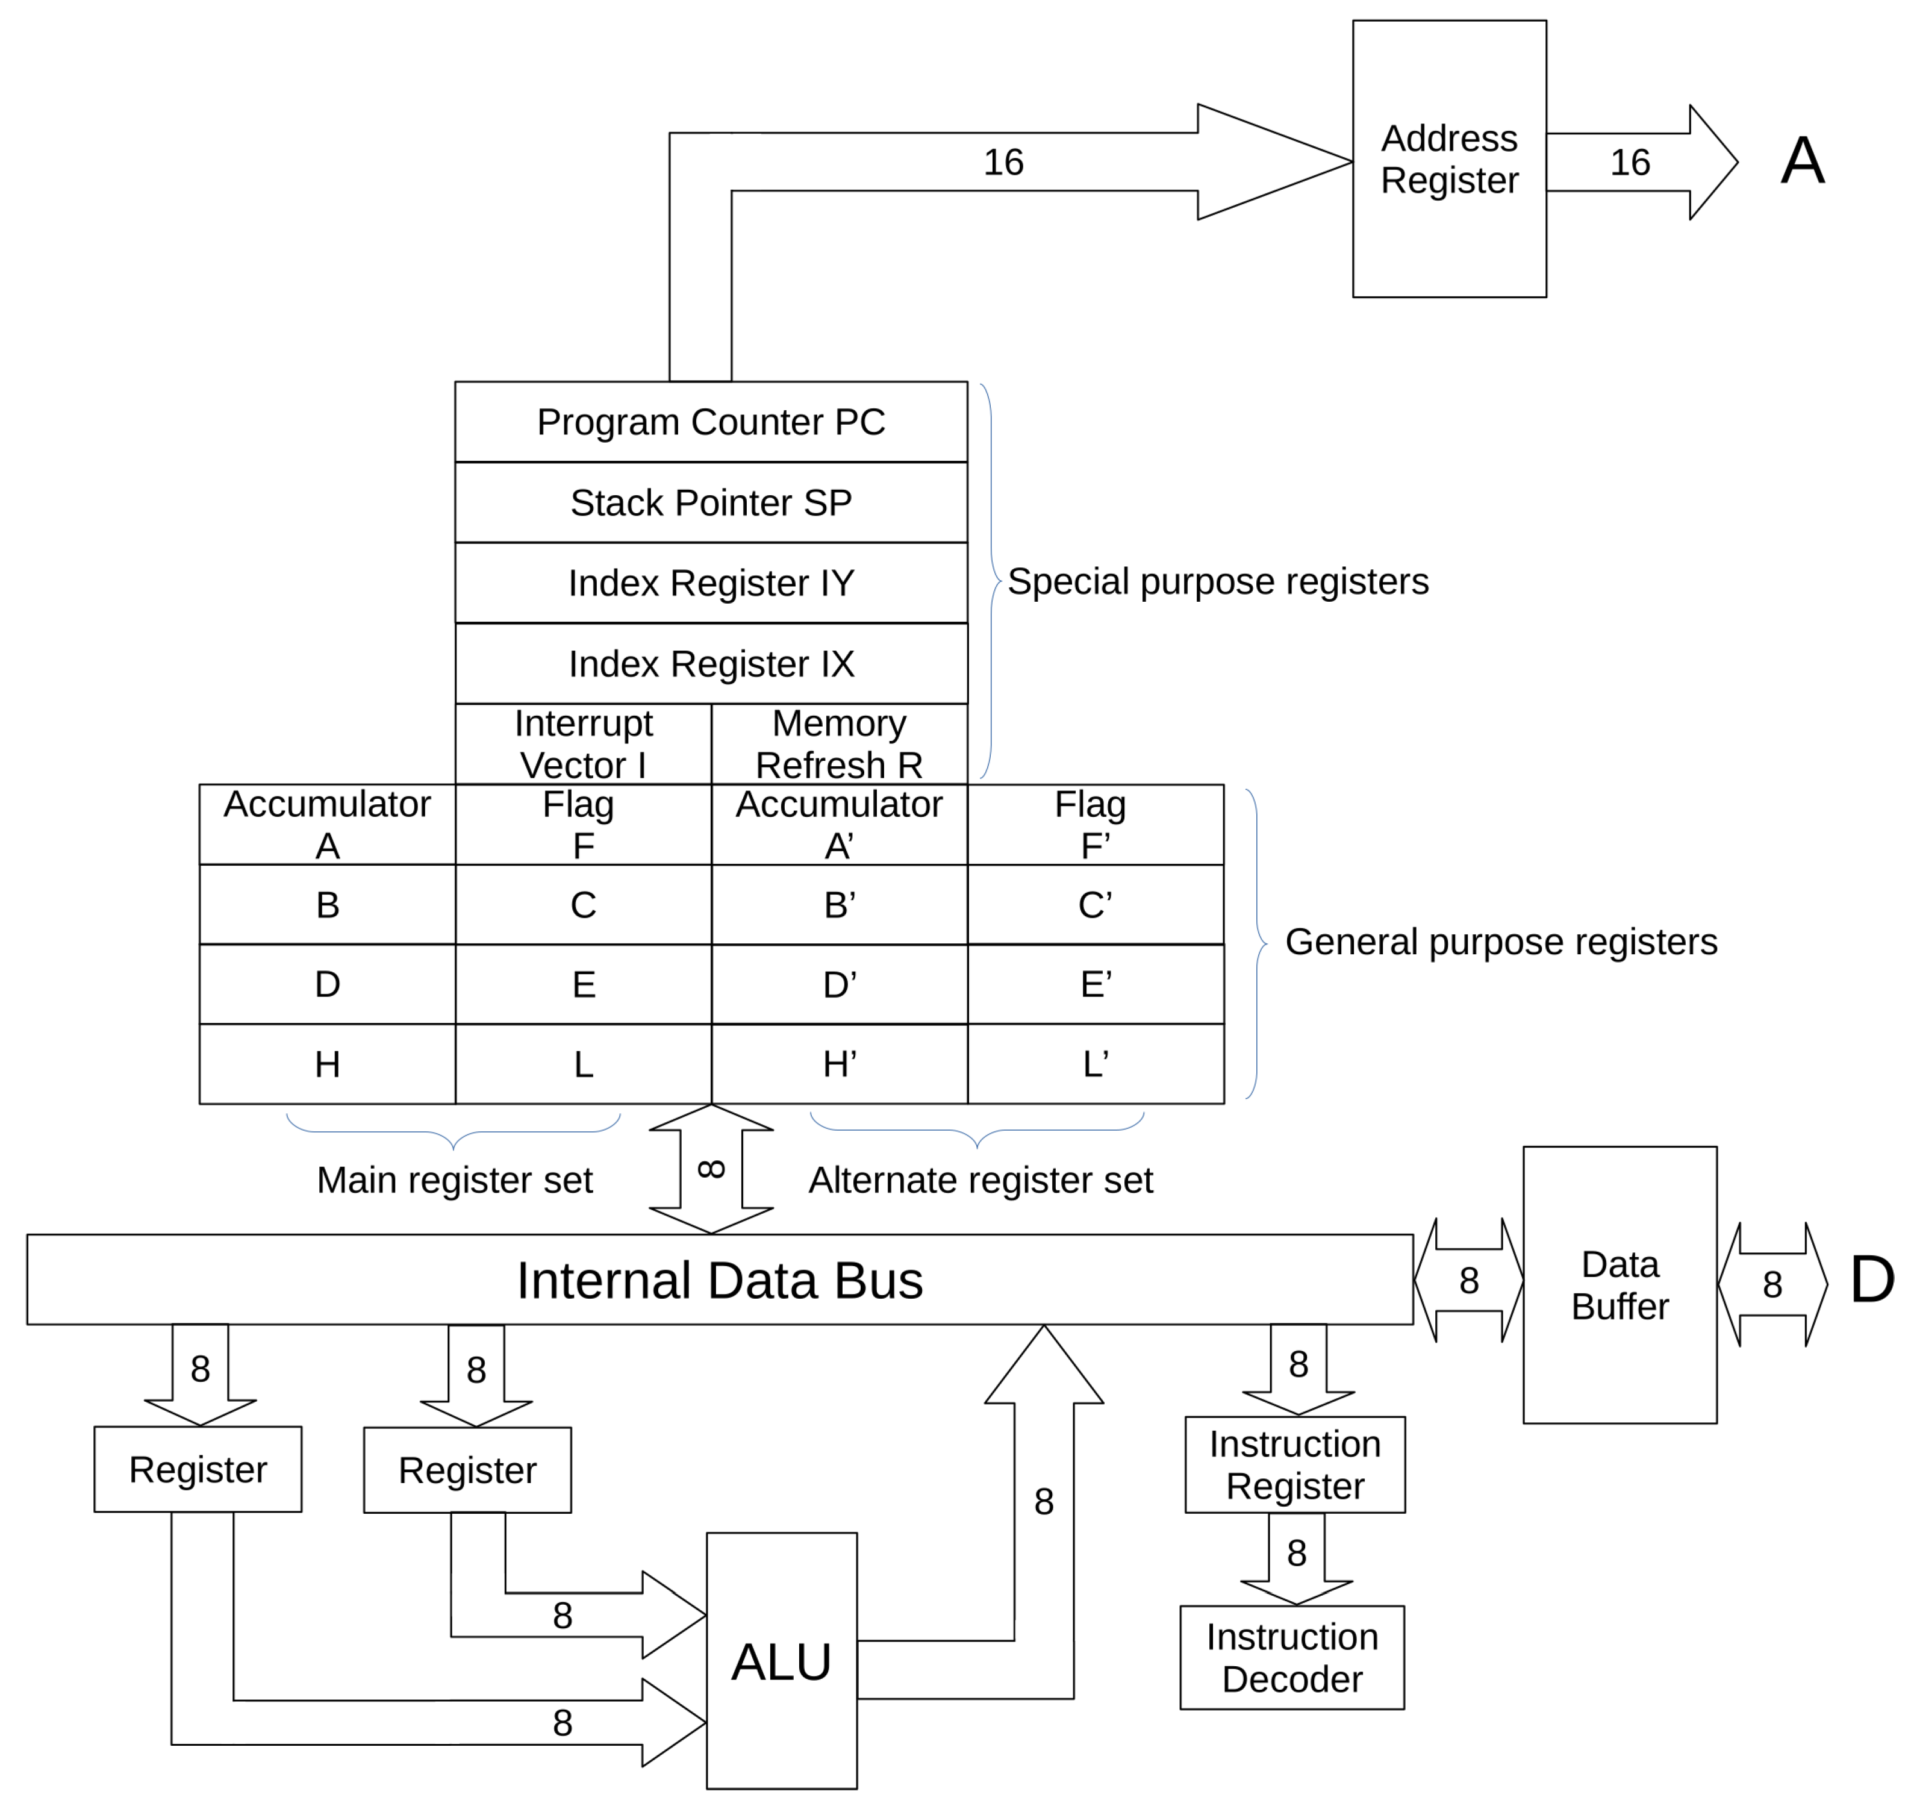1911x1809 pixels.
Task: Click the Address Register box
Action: (1448, 159)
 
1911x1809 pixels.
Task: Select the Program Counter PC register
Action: (711, 422)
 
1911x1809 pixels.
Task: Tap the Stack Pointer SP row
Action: (711, 502)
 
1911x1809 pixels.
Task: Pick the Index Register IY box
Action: (711, 583)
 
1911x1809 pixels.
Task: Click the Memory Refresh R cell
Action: (839, 743)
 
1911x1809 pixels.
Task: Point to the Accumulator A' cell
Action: (839, 825)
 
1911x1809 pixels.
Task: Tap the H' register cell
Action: (839, 1064)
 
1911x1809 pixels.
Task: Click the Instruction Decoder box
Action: (1291, 1658)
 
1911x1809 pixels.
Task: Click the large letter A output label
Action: (1801, 160)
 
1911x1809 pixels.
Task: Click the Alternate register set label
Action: (980, 1179)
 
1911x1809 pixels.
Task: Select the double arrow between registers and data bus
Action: (711, 1169)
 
